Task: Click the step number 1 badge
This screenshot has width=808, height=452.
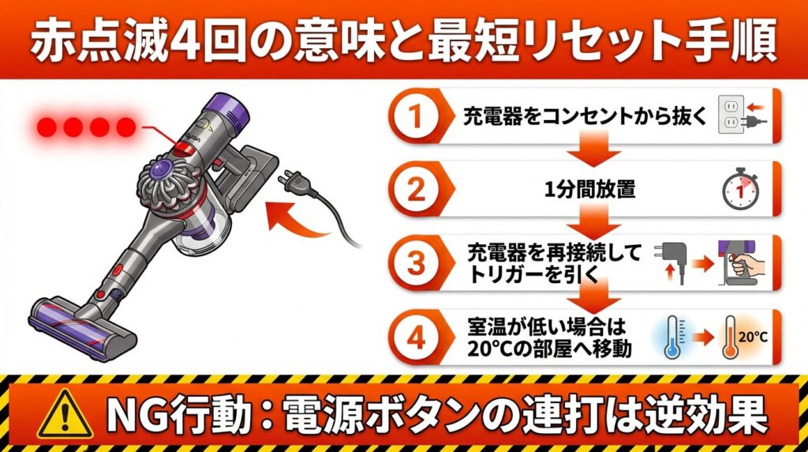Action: [x=415, y=115]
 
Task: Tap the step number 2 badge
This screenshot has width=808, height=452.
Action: [x=415, y=190]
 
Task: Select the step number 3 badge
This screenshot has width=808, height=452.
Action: [x=415, y=263]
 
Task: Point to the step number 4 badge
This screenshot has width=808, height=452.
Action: [x=415, y=337]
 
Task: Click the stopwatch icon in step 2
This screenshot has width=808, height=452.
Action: [x=740, y=189]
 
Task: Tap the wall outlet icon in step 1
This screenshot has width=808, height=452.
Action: [x=731, y=115]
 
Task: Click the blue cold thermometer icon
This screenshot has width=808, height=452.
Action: [x=672, y=337]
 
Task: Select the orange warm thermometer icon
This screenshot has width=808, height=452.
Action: [x=730, y=337]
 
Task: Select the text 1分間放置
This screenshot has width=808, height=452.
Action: [x=590, y=190]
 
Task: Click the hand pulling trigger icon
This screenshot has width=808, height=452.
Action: [x=742, y=263]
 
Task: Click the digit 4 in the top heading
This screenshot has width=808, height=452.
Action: [x=185, y=41]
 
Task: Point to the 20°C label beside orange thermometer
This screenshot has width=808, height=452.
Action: [x=754, y=337]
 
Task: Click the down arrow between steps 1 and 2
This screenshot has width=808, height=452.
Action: [x=593, y=149]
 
